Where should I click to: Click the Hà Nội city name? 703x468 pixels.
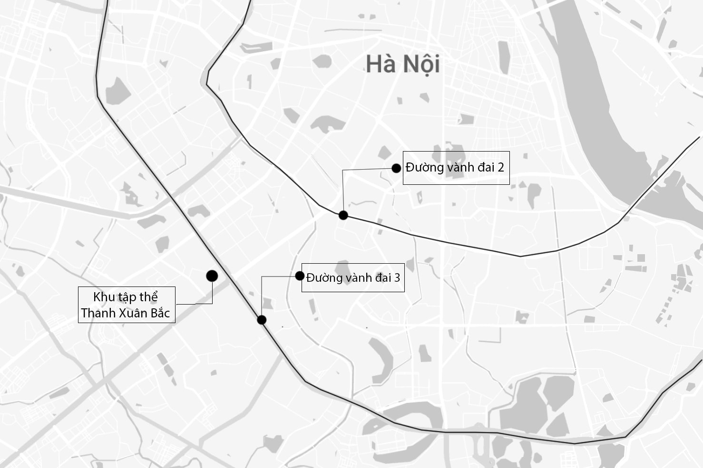[402, 64]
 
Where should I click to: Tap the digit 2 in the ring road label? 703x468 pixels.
[500, 167]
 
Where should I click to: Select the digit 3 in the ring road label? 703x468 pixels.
[397, 277]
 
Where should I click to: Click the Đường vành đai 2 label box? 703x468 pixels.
[456, 168]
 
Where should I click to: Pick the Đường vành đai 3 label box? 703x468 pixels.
[353, 277]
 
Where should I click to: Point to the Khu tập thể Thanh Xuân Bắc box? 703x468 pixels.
[127, 305]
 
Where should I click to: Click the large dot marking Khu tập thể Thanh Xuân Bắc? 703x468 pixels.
[212, 276]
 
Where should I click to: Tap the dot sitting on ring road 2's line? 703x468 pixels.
[343, 215]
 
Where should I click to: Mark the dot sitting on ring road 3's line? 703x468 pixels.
[262, 320]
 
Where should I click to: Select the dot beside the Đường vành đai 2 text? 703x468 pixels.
[396, 168]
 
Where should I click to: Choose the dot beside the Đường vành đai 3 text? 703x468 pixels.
[300, 276]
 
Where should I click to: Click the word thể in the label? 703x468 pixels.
[148, 297]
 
